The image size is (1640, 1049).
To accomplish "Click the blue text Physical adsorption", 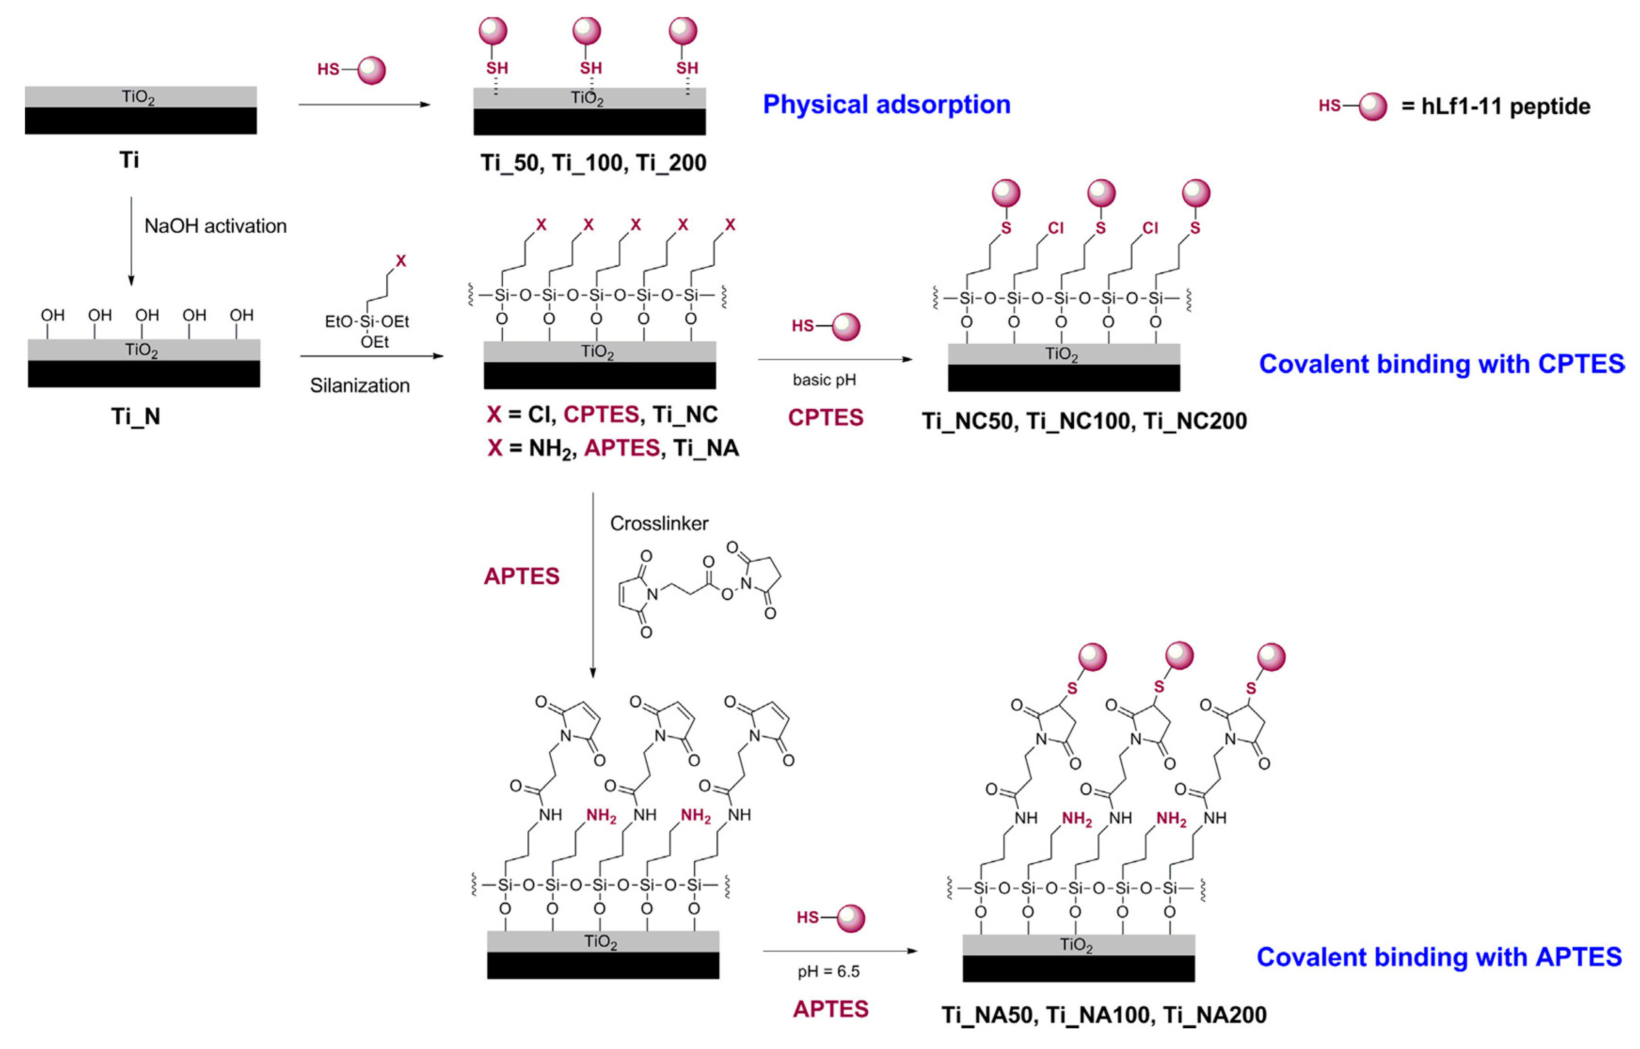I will (886, 104).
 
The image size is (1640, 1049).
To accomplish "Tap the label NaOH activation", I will (215, 226).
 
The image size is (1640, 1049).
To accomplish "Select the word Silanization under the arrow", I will (360, 386).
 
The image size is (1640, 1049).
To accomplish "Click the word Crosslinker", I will (658, 523).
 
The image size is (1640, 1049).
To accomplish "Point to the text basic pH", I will (824, 380).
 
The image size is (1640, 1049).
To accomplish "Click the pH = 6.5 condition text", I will (828, 971).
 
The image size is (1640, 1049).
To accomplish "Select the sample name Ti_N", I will (135, 416).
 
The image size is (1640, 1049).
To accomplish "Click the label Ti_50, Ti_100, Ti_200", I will (593, 163).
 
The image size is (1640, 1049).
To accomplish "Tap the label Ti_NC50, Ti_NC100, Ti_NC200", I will (1084, 421).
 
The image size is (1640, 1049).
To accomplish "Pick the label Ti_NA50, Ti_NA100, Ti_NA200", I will (1104, 1015).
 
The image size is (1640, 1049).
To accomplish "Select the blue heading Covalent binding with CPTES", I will (1441, 364).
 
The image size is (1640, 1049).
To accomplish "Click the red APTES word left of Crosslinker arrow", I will (522, 576).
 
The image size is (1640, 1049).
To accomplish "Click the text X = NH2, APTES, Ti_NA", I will (613, 448).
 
